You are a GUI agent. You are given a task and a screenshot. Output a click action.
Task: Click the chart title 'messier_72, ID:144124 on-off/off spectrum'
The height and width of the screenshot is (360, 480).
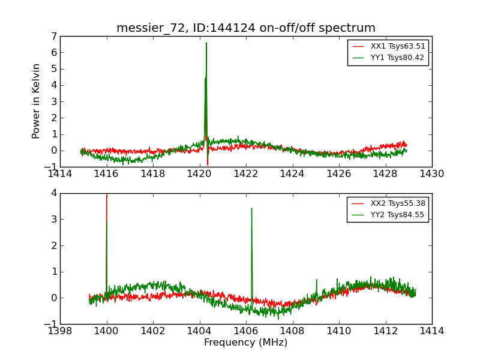point(246,28)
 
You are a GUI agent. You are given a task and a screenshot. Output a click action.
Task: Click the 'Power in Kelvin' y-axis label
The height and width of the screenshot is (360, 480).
point(37,101)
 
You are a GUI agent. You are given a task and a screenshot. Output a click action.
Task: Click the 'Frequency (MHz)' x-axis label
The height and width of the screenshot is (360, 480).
point(246,343)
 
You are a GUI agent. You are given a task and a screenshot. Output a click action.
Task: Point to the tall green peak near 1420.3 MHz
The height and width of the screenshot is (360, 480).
point(206,45)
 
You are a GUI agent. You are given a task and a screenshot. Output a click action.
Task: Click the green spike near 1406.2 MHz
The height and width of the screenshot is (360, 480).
point(251,210)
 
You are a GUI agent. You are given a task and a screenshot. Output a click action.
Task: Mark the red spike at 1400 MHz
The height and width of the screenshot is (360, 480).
point(107,197)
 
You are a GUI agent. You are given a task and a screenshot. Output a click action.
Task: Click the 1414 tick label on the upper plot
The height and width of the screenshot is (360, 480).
point(60,174)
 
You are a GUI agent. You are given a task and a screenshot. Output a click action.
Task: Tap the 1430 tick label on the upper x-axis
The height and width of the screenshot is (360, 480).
point(432,174)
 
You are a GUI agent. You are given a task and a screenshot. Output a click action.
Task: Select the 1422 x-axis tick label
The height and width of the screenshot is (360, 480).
point(246,174)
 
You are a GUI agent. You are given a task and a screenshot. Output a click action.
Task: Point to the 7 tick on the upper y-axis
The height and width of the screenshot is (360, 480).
point(54,37)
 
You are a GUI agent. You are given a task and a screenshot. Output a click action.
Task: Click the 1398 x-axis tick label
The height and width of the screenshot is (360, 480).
point(60,331)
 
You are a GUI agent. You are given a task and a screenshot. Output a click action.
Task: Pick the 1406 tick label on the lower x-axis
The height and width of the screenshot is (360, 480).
point(246,331)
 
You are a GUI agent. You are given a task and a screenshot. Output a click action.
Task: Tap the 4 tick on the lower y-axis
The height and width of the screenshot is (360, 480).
point(54,193)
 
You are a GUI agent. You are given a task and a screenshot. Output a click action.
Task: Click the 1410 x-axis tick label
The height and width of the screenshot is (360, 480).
point(339,331)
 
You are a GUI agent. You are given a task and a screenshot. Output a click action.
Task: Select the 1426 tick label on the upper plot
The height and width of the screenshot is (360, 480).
point(339,174)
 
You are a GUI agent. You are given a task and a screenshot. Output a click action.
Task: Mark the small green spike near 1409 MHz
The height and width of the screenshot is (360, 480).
point(317,281)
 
